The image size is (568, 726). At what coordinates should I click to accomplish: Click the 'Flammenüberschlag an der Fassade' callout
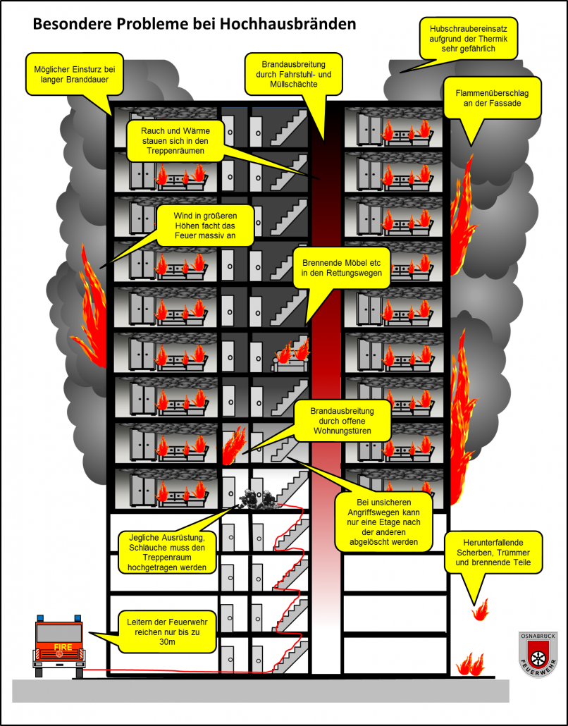pos(492,97)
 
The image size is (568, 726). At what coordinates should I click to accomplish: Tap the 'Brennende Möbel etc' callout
pos(340,266)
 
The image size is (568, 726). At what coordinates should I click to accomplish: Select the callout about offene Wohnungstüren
pos(341,420)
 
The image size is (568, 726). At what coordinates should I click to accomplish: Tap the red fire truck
pos(58,644)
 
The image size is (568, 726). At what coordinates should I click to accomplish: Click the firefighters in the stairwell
pos(257,499)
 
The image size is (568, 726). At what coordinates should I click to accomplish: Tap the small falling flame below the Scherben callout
pos(481,608)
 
